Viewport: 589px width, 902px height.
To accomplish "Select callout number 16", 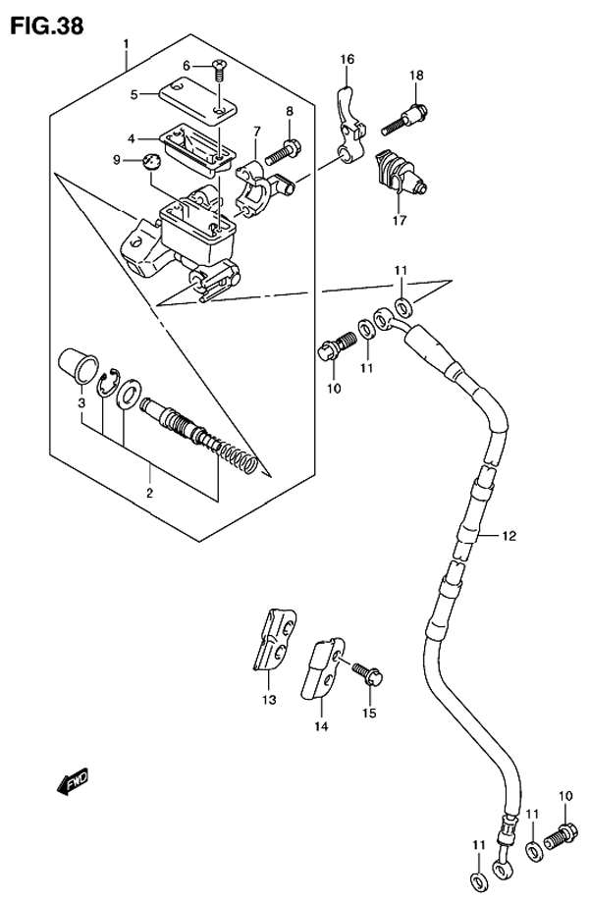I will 347,60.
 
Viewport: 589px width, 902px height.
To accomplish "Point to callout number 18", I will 416,77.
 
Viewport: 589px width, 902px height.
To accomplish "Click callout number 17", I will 400,221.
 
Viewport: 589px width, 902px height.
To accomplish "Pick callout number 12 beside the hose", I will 509,536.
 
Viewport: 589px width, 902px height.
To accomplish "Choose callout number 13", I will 268,700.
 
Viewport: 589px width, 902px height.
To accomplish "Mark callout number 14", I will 320,727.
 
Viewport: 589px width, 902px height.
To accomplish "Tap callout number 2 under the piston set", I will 150,492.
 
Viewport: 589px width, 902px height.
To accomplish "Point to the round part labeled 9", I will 150,162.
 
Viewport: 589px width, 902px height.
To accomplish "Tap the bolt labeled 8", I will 285,151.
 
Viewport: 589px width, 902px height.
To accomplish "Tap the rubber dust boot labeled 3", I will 75,366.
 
